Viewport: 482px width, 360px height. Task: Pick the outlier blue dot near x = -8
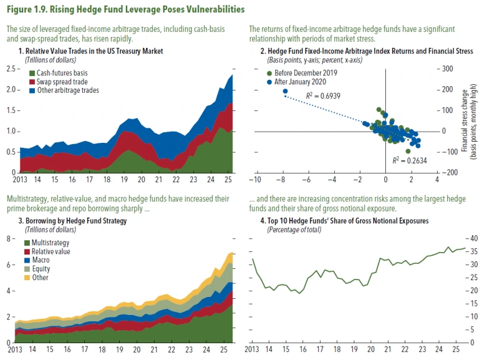click(x=286, y=92)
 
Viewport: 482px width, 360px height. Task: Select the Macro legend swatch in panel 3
click(x=27, y=260)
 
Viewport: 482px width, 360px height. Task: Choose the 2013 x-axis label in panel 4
click(x=251, y=347)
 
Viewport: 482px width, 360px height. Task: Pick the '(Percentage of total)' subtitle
click(x=294, y=230)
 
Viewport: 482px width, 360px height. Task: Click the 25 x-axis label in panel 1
click(x=228, y=178)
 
